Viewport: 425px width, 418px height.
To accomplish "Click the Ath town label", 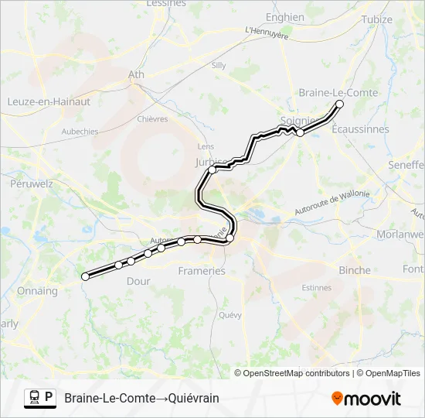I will pos(136,75).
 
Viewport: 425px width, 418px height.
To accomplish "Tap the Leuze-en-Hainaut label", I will pos(49,101).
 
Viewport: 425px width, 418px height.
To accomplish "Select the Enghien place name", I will pos(285,17).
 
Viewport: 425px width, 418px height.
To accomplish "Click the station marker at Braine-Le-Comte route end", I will pos(338,104).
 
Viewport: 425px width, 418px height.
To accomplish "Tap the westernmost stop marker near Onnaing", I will pos(85,276).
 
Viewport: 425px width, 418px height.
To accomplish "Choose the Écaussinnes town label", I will pos(360,129).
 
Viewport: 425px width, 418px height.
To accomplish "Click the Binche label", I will pos(355,270).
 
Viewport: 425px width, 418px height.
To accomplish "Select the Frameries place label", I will pos(202,271).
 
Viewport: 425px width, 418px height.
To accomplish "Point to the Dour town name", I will pos(138,281).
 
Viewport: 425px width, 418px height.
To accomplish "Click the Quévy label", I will pos(230,315).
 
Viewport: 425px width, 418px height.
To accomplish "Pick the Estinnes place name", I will pos(317,287).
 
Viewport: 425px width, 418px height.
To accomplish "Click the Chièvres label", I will pos(152,119).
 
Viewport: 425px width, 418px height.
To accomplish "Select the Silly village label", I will pos(219,66).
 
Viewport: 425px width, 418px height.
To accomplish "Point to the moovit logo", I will pos(366,399).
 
